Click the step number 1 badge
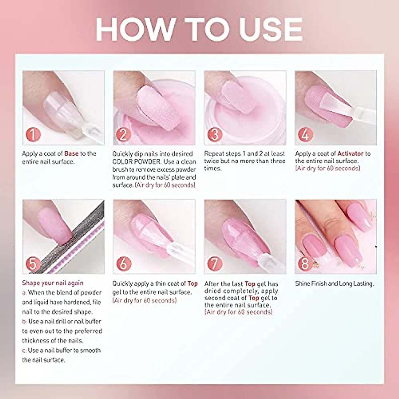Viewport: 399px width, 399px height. (33, 134)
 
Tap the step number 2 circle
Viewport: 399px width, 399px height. (124, 134)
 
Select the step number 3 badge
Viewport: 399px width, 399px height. (215, 134)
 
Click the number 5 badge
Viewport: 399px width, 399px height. (33, 264)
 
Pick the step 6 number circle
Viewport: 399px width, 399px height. (124, 264)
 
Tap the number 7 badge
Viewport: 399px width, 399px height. (215, 264)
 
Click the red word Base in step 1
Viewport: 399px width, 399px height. (71, 154)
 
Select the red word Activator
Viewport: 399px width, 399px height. (350, 154)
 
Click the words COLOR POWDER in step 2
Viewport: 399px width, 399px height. (136, 162)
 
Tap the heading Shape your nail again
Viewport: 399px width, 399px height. (53, 283)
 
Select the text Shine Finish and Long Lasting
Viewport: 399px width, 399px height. (334, 284)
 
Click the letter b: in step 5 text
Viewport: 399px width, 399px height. (25, 322)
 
